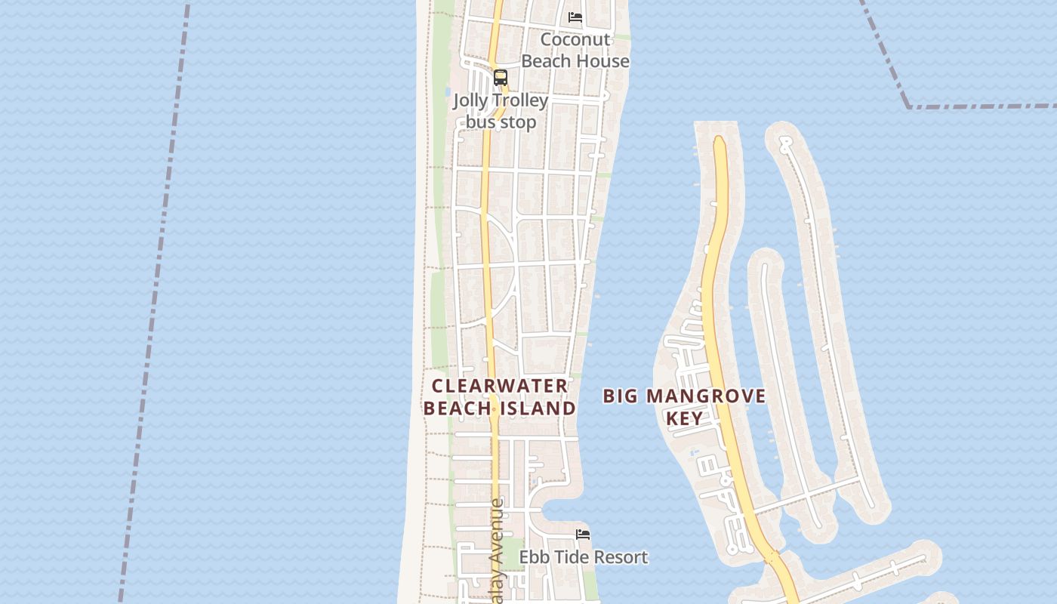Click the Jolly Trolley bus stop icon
pyautogui.click(x=501, y=78)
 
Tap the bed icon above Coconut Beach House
pyautogui.click(x=575, y=17)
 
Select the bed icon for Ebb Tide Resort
pyautogui.click(x=583, y=535)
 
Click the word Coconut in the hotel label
pyautogui.click(x=575, y=39)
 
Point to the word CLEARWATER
pyautogui.click(x=500, y=386)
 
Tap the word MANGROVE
pyautogui.click(x=718, y=396)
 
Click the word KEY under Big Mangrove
pyautogui.click(x=685, y=418)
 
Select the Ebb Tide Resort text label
pyautogui.click(x=583, y=557)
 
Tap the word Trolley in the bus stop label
pyautogui.click(x=518, y=100)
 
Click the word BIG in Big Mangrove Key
pyautogui.click(x=621, y=396)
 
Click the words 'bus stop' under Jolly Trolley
pyautogui.click(x=501, y=122)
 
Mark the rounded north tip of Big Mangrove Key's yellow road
pyautogui.click(x=719, y=140)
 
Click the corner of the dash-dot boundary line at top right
pyautogui.click(x=908, y=106)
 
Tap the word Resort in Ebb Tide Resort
pyautogui.click(x=621, y=557)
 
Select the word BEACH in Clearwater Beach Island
pyautogui.click(x=456, y=408)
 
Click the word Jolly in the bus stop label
pyautogui.click(x=470, y=100)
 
